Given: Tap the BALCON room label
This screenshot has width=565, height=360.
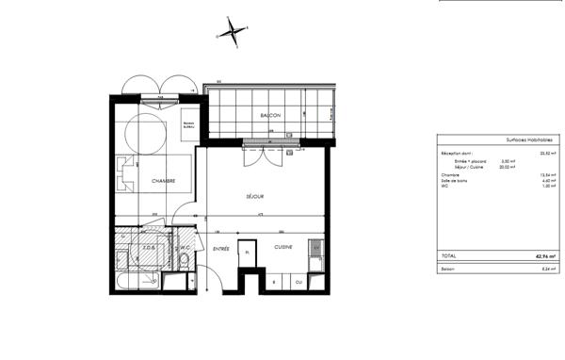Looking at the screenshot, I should pyautogui.click(x=271, y=114).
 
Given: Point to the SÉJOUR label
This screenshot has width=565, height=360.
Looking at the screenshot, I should pyautogui.click(x=254, y=197).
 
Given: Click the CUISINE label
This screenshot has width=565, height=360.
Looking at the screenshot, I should pyautogui.click(x=283, y=247).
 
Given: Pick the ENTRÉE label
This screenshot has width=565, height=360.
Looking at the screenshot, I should pyautogui.click(x=221, y=249).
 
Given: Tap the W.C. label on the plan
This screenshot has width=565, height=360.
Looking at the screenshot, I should pyautogui.click(x=186, y=248).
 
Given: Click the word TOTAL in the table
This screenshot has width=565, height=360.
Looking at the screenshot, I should pyautogui.click(x=449, y=255).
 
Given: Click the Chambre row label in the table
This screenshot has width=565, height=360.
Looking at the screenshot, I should pyautogui.click(x=450, y=175).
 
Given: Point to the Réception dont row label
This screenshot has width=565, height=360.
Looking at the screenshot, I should pyautogui.click(x=457, y=152).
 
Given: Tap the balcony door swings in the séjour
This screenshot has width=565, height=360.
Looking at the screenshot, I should pyautogui.click(x=260, y=155).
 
